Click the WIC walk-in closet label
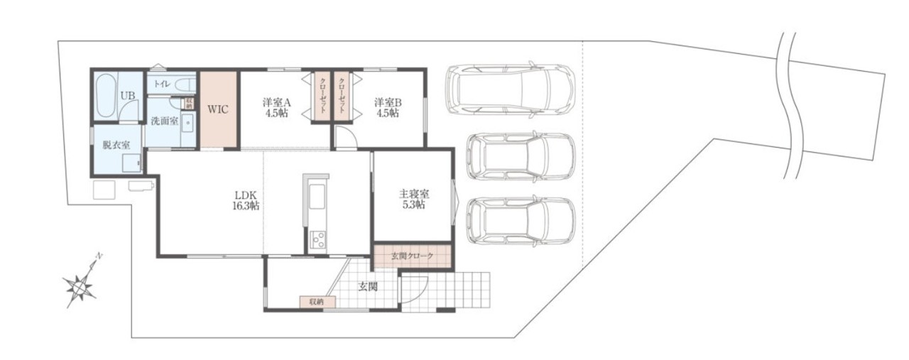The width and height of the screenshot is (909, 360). [x=218, y=109]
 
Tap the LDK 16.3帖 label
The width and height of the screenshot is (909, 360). [x=246, y=200]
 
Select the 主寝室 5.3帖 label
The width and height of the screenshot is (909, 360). [x=414, y=200]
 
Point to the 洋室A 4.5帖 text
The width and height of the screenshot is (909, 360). [x=277, y=107]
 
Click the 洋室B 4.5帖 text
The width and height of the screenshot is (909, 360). [x=388, y=107]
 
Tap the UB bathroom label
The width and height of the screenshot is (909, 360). [x=128, y=96]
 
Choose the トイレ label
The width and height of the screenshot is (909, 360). [x=162, y=84]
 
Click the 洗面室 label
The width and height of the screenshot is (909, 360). [x=164, y=121]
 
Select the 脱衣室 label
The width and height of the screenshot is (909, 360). [x=116, y=145]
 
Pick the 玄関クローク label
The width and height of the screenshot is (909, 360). [x=412, y=256]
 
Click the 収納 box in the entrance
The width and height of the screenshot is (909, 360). [x=317, y=302]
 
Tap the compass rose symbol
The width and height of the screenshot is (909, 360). [x=81, y=287]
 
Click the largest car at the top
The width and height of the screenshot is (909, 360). [x=510, y=89]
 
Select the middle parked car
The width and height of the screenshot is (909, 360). [x=521, y=156]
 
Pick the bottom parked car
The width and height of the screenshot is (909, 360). [x=521, y=222]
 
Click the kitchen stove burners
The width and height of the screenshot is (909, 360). [x=317, y=239]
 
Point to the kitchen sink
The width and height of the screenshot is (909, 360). [x=317, y=197]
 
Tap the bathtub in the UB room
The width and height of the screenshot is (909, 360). [x=107, y=96]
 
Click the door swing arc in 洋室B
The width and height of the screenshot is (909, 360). [x=346, y=137]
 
